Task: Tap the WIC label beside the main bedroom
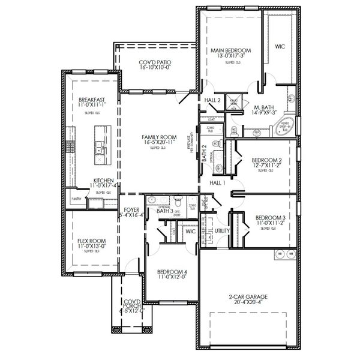click(x=280, y=46)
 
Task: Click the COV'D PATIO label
click(x=155, y=62)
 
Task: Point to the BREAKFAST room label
click(x=92, y=100)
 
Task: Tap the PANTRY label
click(x=76, y=198)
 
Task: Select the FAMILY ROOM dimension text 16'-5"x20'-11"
click(x=154, y=142)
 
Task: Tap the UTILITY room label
click(x=222, y=230)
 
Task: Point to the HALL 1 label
click(x=217, y=182)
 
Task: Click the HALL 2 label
click(x=212, y=100)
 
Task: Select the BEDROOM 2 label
click(x=266, y=160)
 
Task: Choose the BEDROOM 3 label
click(x=269, y=217)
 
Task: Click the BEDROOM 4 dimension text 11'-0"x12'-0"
click(x=171, y=277)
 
